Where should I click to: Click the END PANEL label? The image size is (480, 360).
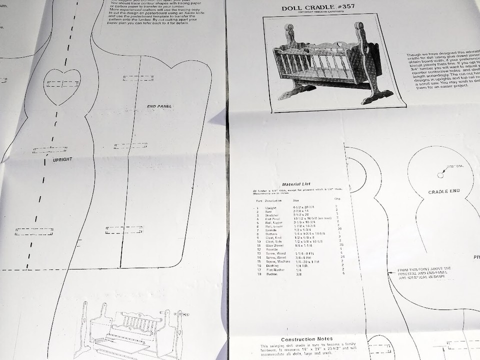(x=159, y=106)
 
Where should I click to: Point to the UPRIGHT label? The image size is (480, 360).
(x=62, y=159)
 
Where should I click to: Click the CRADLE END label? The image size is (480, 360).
(x=443, y=191)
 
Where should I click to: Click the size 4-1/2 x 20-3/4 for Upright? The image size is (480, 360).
(x=303, y=207)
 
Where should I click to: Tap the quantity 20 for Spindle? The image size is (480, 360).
(x=340, y=228)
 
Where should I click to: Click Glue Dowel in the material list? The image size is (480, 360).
(x=274, y=245)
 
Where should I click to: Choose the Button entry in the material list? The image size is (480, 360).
(x=272, y=274)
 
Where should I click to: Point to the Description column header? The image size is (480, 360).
(x=273, y=201)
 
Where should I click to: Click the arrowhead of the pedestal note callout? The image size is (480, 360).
(x=390, y=272)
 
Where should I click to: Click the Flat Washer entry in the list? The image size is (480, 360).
(x=275, y=270)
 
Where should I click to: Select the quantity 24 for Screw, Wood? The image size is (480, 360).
(x=342, y=256)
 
